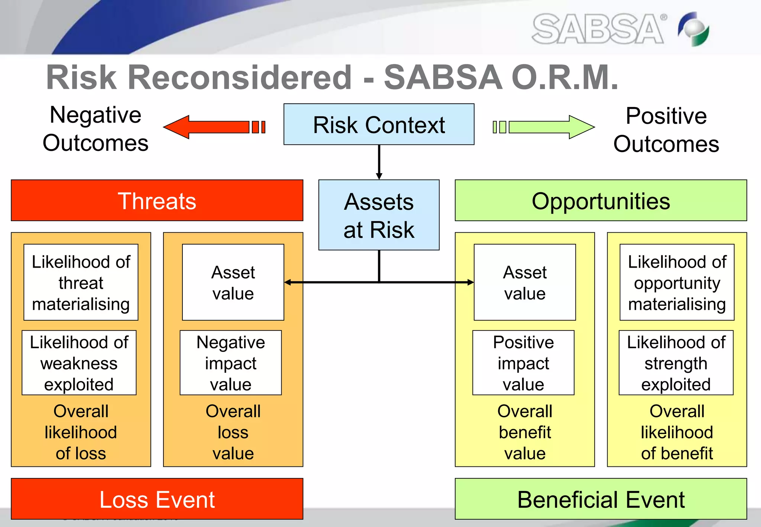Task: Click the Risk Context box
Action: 379,125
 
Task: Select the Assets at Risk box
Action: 379,215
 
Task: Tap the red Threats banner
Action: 157,201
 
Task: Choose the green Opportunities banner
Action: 601,201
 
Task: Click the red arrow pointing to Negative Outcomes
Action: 214,127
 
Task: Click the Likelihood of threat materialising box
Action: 81,282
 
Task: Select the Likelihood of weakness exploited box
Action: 79,363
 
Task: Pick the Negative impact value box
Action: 231,363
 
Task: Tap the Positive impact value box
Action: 523,363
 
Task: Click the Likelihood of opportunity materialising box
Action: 677,282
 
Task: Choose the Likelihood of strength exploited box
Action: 676,363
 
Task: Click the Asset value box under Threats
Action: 233,282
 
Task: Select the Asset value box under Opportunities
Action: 525,282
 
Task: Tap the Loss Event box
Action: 157,499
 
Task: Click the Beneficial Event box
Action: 601,499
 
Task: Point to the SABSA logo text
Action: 598,29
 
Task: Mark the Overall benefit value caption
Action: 525,432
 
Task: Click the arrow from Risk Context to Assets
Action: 379,162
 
